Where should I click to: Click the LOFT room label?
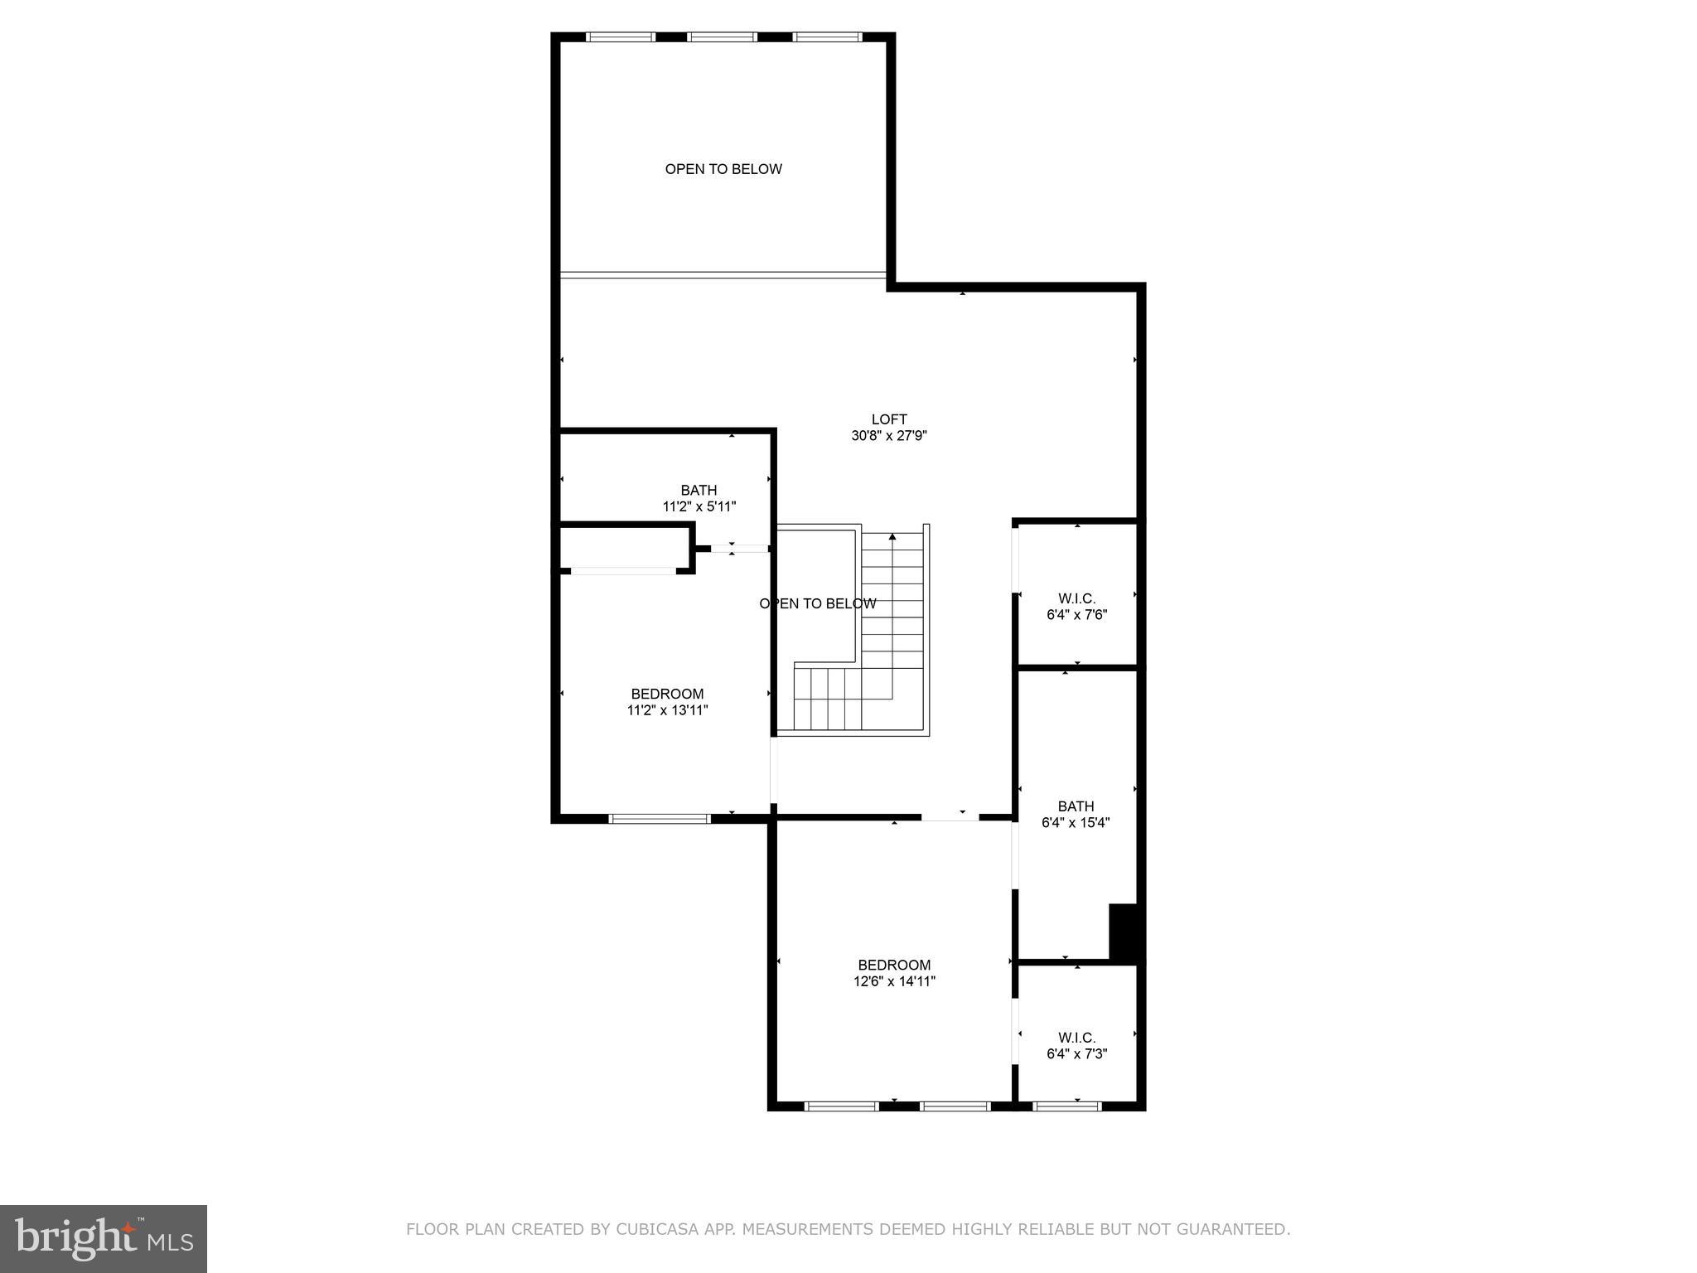(888, 419)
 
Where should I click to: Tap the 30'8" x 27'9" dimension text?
(888, 436)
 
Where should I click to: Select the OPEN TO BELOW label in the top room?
(723, 169)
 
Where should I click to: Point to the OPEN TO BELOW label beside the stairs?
(817, 603)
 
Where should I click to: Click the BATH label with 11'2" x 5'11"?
(699, 491)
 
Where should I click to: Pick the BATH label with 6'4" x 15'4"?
(1076, 806)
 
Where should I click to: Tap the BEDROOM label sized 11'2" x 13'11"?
(667, 694)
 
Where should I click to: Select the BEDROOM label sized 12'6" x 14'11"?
(894, 965)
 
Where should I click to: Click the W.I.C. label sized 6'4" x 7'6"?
(1076, 598)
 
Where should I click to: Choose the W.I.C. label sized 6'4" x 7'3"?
(1076, 1038)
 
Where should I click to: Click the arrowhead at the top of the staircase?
(892, 537)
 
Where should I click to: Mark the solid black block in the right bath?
(1124, 932)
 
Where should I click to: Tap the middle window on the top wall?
(722, 37)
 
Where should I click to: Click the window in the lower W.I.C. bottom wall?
(1067, 1106)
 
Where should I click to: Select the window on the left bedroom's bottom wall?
(660, 819)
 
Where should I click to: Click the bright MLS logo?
(104, 1238)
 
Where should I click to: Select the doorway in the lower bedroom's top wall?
(950, 818)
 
